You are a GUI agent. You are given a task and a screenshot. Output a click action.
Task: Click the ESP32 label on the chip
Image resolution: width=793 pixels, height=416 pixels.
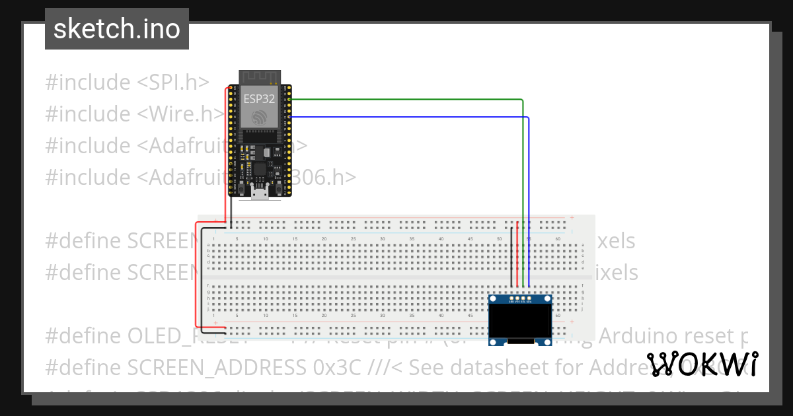tap(260, 99)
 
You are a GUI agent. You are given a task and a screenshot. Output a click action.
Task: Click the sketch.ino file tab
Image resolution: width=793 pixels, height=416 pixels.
tap(117, 29)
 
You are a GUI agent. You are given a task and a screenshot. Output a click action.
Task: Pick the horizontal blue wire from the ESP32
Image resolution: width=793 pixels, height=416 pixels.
tap(410, 117)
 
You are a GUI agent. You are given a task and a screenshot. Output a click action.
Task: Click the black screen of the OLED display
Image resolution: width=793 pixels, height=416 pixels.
tap(520, 322)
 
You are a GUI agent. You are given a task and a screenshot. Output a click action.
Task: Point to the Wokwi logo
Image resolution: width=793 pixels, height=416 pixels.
tap(702, 364)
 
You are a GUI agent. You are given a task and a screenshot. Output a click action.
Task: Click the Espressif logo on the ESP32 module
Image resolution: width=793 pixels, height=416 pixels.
tap(260, 117)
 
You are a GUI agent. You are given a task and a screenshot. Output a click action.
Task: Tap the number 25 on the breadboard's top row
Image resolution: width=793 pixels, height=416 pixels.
tap(354, 238)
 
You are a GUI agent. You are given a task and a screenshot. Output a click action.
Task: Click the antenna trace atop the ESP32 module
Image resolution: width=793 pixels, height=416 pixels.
tap(260, 77)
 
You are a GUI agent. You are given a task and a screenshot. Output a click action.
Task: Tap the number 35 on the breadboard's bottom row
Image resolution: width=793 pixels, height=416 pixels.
tap(412, 316)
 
